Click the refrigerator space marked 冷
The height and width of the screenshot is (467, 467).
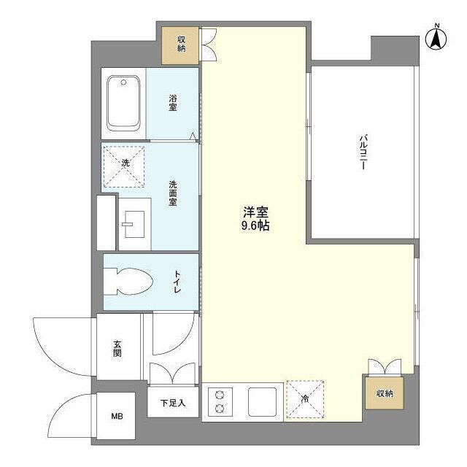[x=304, y=399]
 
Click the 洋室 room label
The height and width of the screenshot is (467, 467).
[x=255, y=212]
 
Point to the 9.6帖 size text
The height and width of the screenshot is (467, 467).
[x=255, y=226]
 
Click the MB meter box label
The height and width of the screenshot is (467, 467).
[x=117, y=417]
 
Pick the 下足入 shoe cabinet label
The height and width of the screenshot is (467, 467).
[x=173, y=402]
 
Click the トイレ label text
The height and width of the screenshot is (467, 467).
[x=177, y=282]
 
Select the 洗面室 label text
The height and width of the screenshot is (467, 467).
[x=174, y=193]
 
